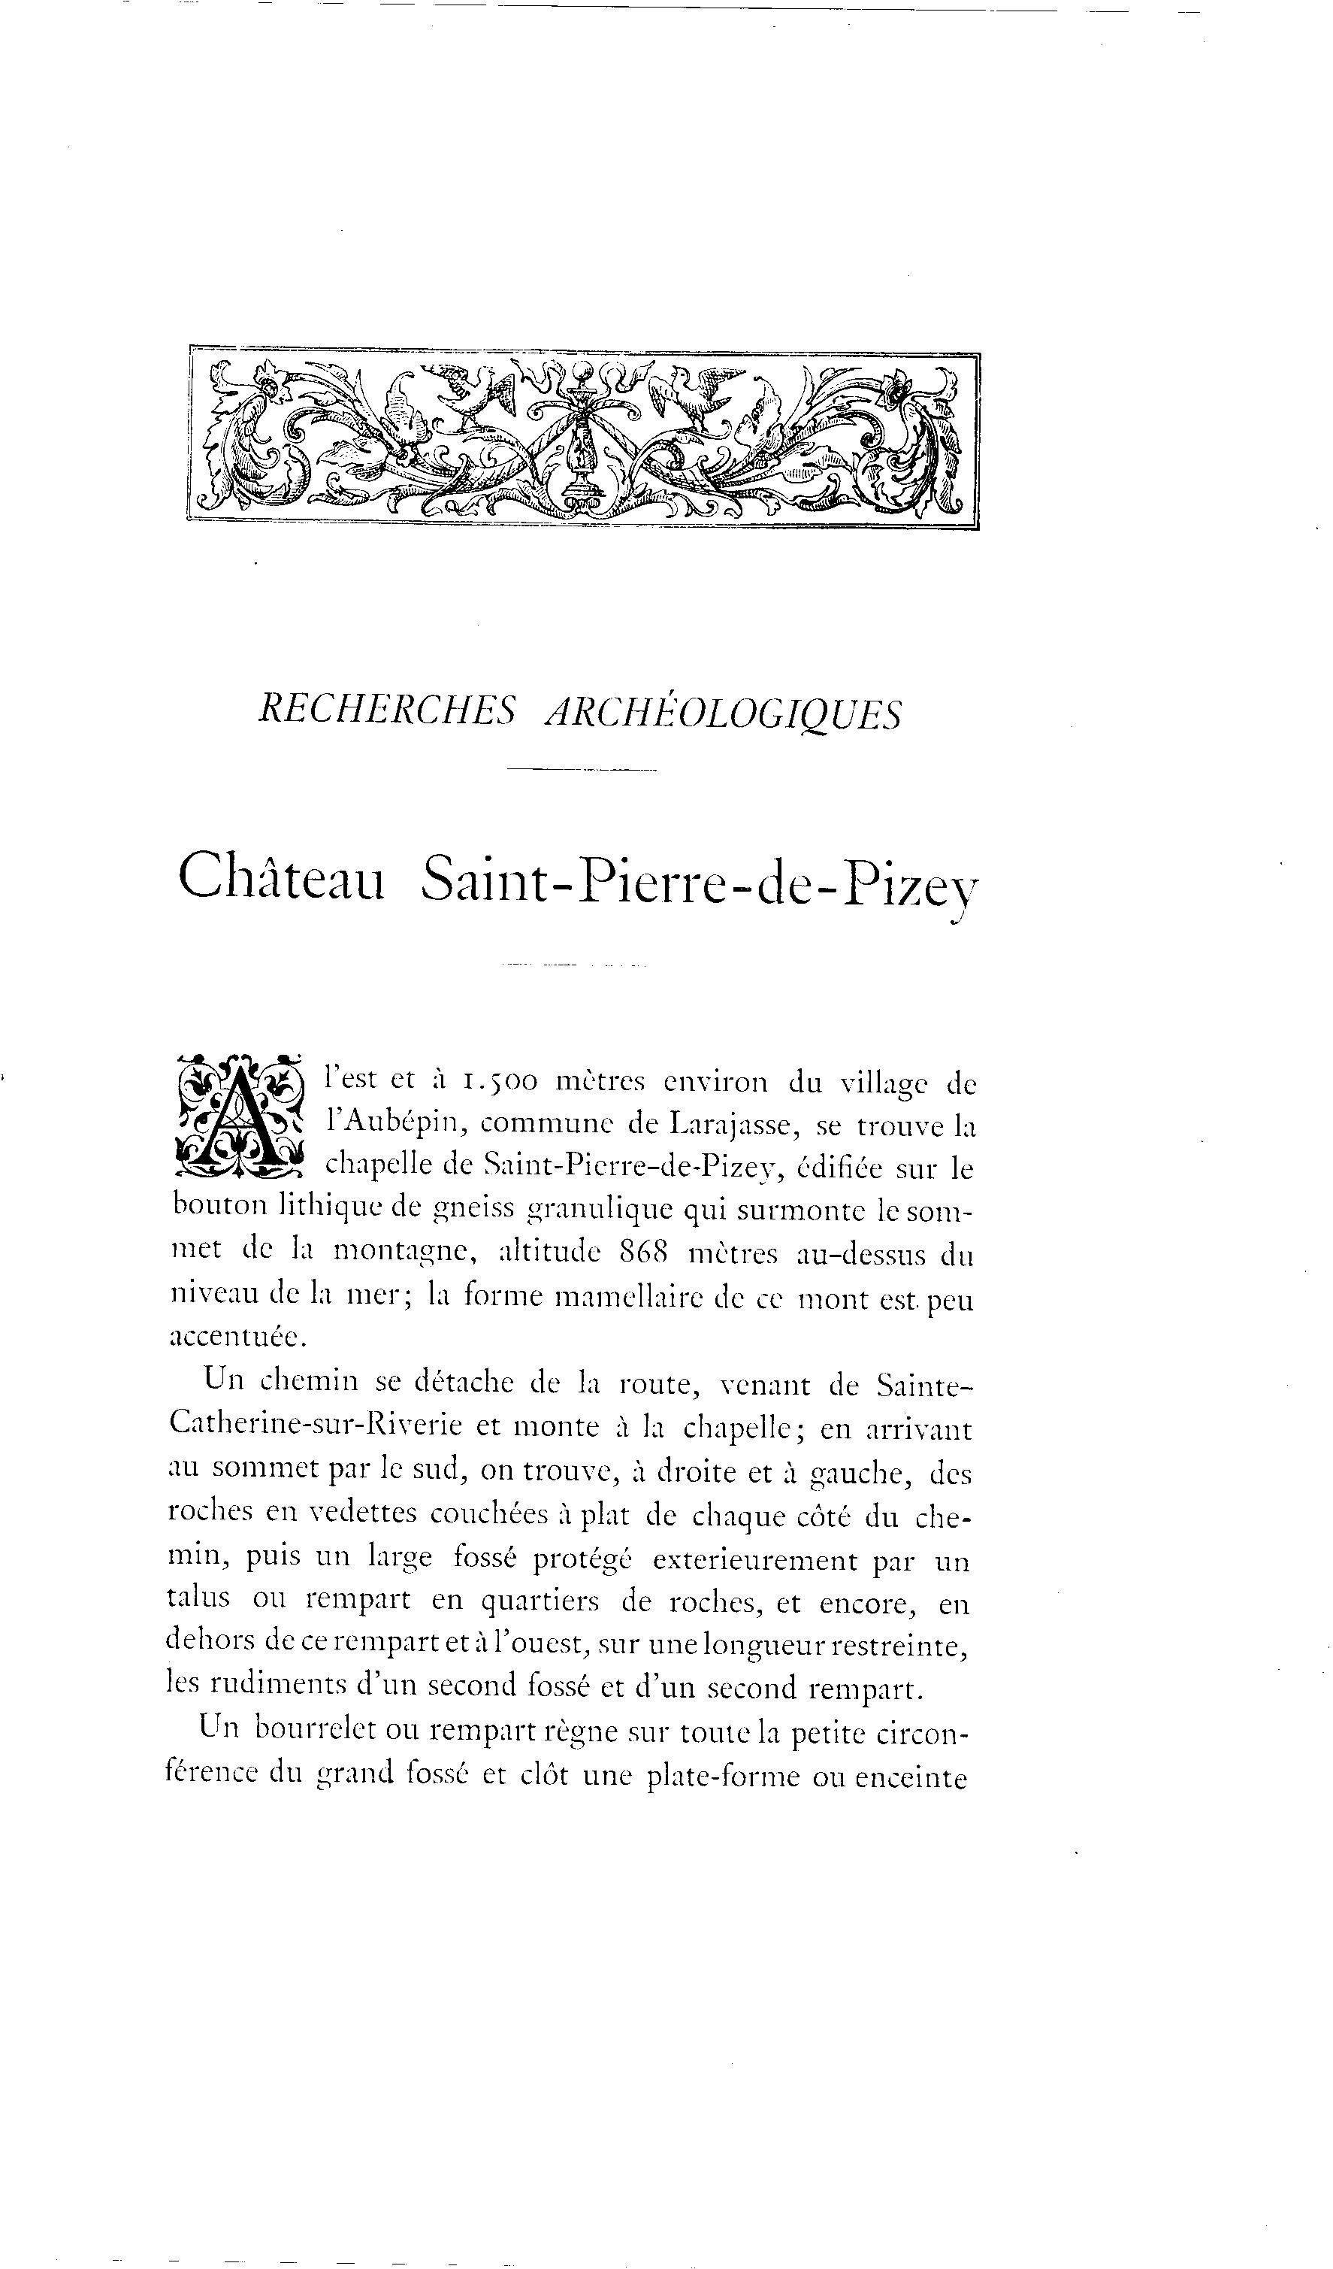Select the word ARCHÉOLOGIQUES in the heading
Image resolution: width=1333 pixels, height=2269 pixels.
[x=724, y=714]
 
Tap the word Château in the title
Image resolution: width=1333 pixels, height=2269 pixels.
[x=282, y=877]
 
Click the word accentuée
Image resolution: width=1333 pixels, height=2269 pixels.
[x=238, y=1338]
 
